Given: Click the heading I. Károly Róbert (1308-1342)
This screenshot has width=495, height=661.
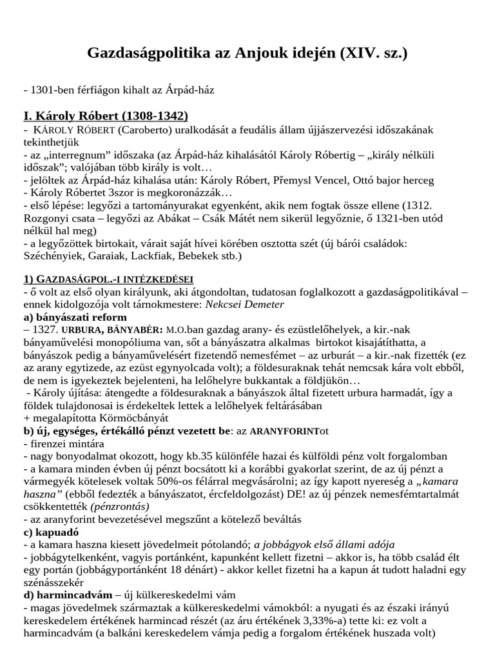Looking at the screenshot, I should pos(106,116).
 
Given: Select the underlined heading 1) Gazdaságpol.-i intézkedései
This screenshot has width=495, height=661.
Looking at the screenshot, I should pos(108,279).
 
